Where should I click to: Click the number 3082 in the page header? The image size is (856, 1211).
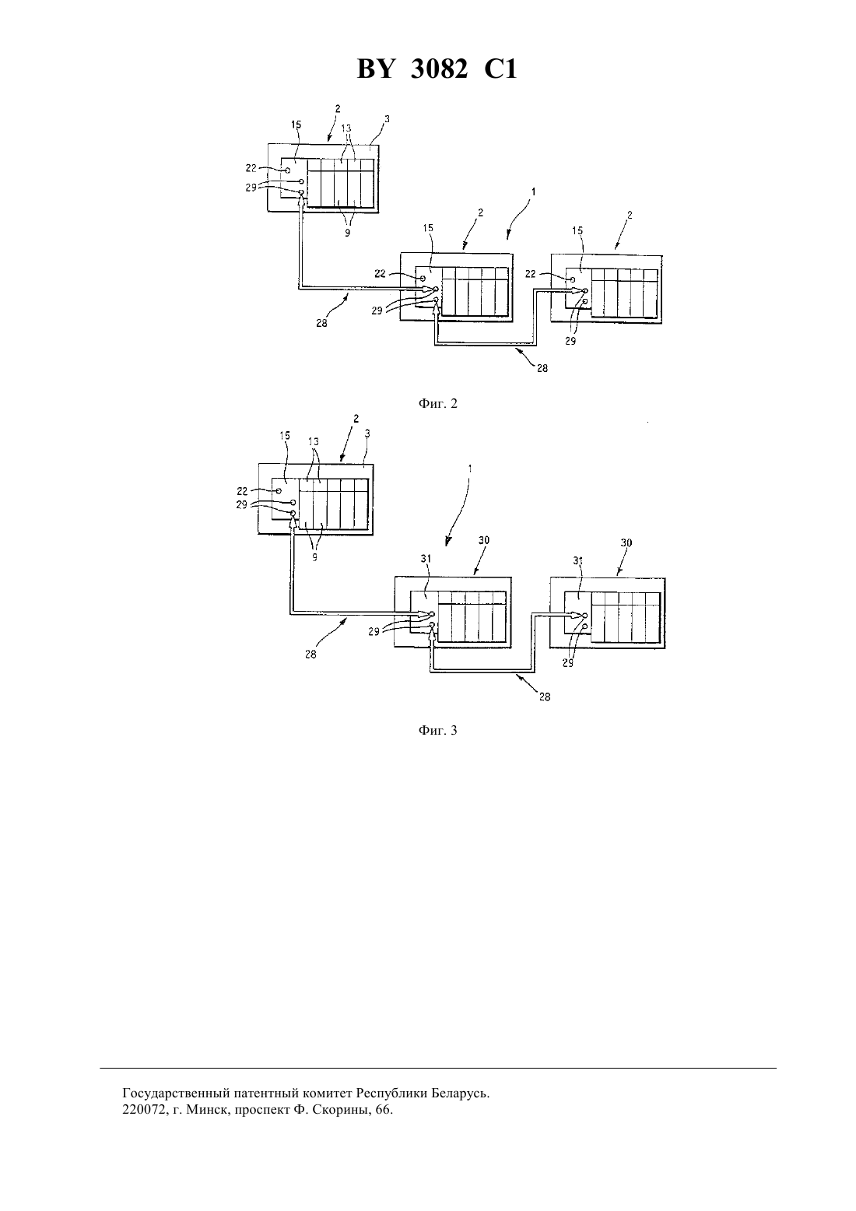pos(439,69)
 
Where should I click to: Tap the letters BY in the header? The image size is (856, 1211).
pos(374,69)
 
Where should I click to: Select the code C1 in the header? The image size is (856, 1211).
pos(500,69)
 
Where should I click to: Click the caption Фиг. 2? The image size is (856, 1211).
pos(437,403)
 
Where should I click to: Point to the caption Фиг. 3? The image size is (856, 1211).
pos(437,730)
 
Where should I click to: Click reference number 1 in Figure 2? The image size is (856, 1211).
pos(533,191)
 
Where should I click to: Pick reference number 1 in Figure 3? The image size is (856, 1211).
pos(469,469)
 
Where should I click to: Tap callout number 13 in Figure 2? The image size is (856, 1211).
pos(346,128)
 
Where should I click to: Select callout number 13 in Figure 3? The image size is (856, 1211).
pos(314,441)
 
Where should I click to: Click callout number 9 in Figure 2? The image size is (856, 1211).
pos(348,233)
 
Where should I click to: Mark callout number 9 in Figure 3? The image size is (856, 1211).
pos(314,556)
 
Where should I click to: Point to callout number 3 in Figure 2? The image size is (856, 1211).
pos(387,118)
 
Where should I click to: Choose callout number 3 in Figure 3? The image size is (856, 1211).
pos(367,434)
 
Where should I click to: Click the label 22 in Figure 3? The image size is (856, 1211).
pos(242,491)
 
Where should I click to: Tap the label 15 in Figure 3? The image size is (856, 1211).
pos(285,435)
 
